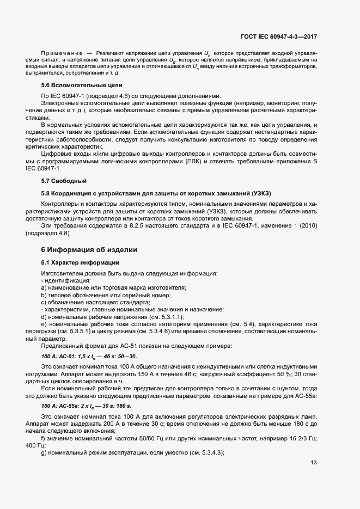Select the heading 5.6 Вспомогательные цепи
[x=82, y=85]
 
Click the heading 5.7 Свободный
[x=64, y=180]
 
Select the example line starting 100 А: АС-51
[x=90, y=355]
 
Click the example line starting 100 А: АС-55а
[x=86, y=406]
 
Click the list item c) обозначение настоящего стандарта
[x=95, y=302]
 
